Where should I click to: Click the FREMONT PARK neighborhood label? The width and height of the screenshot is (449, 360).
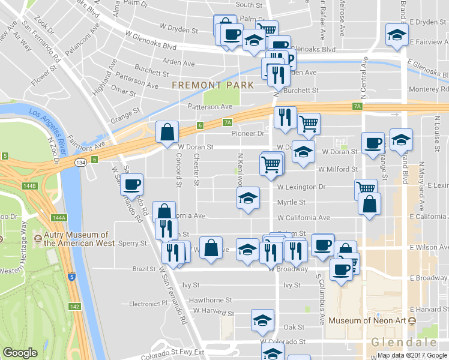point(213,86)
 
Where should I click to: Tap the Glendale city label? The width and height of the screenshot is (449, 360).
point(403,342)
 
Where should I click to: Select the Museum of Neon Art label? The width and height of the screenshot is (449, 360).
point(367,320)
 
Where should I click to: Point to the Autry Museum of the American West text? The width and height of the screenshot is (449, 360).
point(76,239)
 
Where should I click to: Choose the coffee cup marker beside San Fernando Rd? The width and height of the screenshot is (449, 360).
point(131,185)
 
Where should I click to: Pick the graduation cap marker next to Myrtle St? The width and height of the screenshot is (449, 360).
point(247,199)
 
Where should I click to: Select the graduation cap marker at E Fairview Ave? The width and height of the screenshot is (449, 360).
point(397,34)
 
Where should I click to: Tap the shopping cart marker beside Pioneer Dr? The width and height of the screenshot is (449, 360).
point(309,124)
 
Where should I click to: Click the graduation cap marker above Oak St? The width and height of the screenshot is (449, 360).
point(262,320)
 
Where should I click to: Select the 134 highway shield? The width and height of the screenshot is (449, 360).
point(80,162)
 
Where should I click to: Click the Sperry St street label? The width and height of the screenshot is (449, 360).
point(133,244)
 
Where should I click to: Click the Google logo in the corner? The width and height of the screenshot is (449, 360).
point(20,353)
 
